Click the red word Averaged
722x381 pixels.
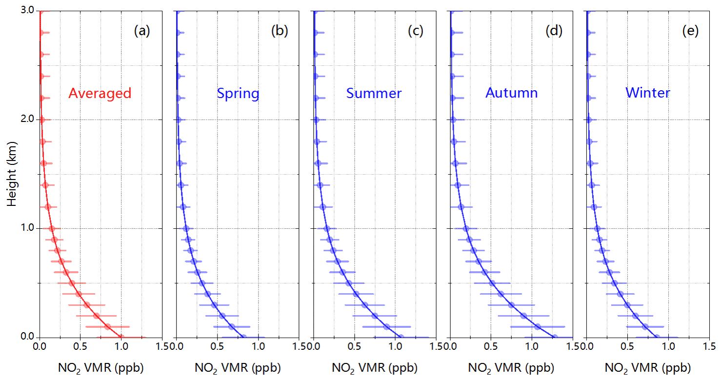pyautogui.click(x=100, y=93)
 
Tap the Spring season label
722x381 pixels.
pyautogui.click(x=238, y=93)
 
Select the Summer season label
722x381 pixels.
pyautogui.click(x=374, y=93)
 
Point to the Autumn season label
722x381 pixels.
pyautogui.click(x=511, y=93)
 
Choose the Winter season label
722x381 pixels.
pyautogui.click(x=648, y=93)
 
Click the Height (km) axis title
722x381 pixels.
pyautogui.click(x=12, y=174)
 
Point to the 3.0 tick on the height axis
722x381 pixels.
pyautogui.click(x=27, y=11)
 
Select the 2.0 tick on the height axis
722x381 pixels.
pyautogui.click(x=27, y=120)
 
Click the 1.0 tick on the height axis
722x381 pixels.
pyautogui.click(x=27, y=228)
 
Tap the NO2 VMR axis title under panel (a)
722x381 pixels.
pyautogui.click(x=101, y=367)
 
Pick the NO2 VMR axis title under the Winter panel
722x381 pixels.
pyautogui.click(x=648, y=367)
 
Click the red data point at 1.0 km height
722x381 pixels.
pyautogui.click(x=52, y=228)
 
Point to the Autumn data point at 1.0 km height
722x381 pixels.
pyautogui.click(x=466, y=228)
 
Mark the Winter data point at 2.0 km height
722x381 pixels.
pyautogui.click(x=588, y=120)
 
